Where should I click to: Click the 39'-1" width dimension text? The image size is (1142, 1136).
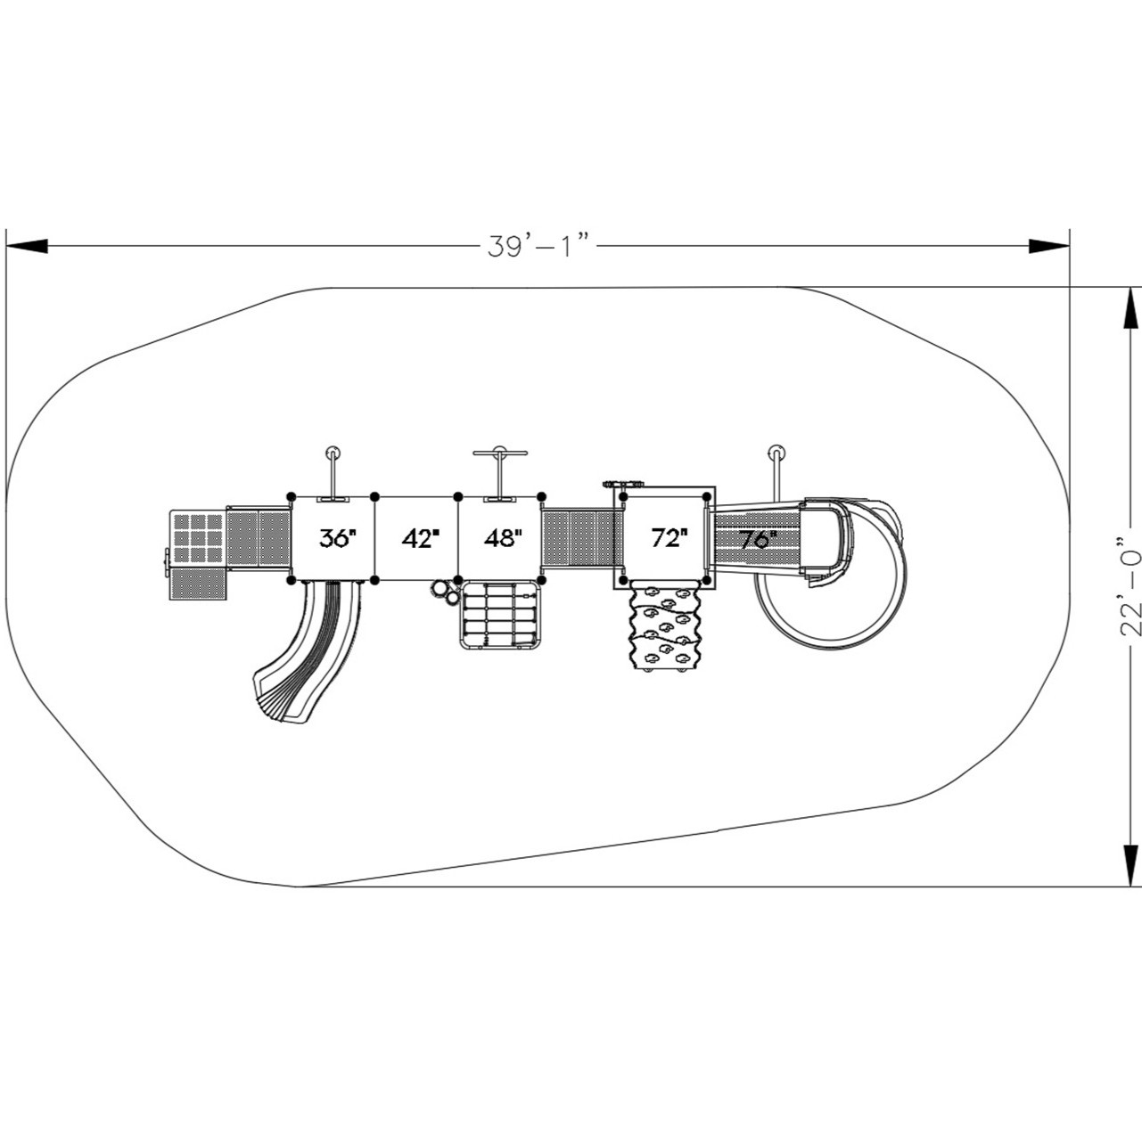point(539,246)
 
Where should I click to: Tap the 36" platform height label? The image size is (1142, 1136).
point(338,538)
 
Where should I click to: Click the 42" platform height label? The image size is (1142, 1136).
point(421,538)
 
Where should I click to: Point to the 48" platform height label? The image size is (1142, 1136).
point(503,538)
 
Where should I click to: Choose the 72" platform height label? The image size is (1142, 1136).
point(669,538)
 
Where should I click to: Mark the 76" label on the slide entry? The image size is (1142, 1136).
point(758,540)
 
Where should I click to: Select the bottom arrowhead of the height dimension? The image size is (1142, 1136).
point(1130,864)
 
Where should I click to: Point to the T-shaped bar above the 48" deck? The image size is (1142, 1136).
point(501,456)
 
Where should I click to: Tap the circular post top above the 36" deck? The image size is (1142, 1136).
point(333,451)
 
